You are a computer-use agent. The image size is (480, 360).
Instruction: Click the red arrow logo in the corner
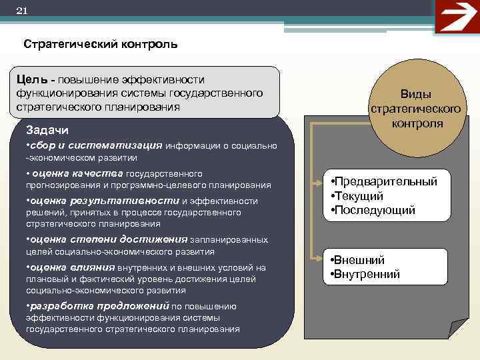pyautogui.click(x=456, y=16)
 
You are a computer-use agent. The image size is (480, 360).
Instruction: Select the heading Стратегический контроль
pyautogui.click(x=100, y=45)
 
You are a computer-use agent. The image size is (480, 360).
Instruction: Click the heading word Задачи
pyautogui.click(x=47, y=129)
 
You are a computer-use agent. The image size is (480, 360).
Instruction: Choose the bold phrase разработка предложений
pyautogui.click(x=98, y=306)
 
